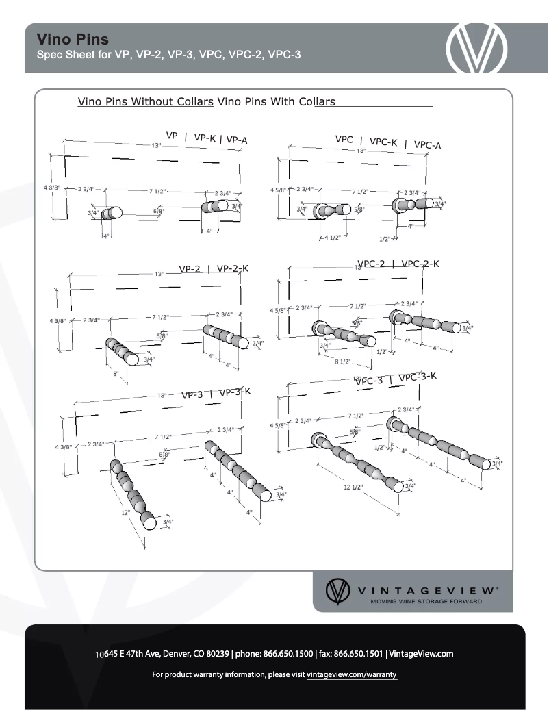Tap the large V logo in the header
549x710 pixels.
coord(477,48)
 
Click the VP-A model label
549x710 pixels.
coord(237,140)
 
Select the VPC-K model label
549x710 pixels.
coord(383,142)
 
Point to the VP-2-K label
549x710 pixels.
coord(232,268)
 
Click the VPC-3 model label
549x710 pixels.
coord(369,381)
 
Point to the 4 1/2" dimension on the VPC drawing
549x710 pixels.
coord(334,238)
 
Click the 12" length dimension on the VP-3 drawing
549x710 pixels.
coord(125,512)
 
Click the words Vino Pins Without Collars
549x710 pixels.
coord(145,102)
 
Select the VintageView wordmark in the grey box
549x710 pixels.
coord(424,589)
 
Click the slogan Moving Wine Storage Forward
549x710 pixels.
coord(426,601)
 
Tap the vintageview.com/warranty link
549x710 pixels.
coord(352,675)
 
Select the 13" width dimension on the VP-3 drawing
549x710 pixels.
coord(162,396)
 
